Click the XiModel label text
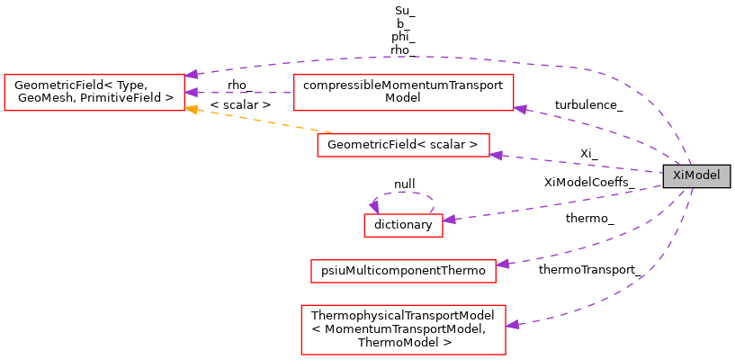(695, 176)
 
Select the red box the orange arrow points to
(94, 93)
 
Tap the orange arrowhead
(191, 110)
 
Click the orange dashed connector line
(261, 121)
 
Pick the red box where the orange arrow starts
(403, 145)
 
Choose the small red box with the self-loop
(403, 225)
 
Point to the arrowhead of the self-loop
(374, 207)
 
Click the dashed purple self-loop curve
(405, 192)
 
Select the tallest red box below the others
(403, 329)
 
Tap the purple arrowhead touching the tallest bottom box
(512, 324)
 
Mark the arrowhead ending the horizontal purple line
(191, 93)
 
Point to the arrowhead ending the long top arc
(191, 75)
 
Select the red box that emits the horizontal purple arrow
(403, 93)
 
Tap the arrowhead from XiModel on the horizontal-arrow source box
(520, 109)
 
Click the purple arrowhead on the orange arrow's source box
(496, 155)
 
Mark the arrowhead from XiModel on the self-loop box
(449, 219)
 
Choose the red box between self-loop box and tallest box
(403, 271)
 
